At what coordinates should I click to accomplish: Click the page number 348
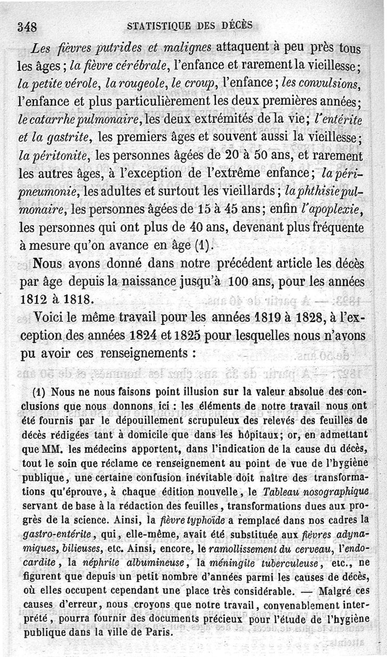[28, 27]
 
